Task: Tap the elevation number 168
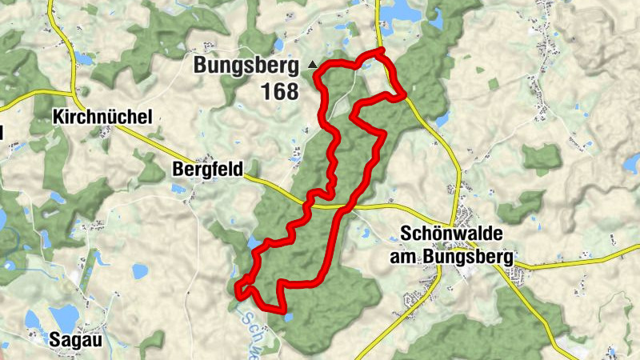tap(278, 92)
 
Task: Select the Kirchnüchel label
tap(102, 118)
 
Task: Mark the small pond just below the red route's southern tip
tap(288, 318)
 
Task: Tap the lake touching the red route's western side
tap(254, 242)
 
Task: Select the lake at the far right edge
tap(632, 164)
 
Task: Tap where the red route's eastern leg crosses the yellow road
tap(344, 207)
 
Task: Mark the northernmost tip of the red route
tap(382, 51)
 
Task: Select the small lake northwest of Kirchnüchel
tap(84, 58)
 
